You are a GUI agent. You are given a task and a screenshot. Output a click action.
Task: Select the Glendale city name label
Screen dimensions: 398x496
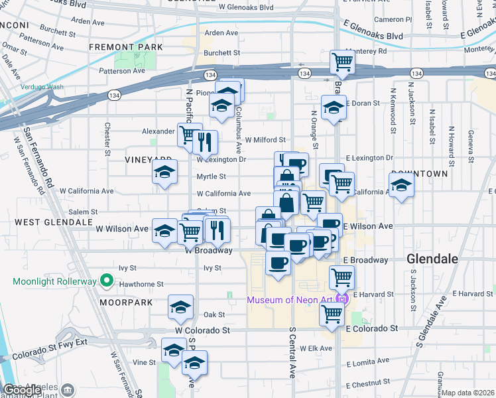(432, 259)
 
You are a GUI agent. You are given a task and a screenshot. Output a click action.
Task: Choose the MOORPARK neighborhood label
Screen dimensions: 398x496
(121, 302)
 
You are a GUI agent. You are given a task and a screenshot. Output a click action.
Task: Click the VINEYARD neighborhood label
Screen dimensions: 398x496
(149, 161)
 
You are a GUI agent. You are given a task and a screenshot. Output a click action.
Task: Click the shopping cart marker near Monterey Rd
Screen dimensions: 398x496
(342, 63)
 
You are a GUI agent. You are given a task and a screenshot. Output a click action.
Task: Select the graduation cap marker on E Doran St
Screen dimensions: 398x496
(334, 107)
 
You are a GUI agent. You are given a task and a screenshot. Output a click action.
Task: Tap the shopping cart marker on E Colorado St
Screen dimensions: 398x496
(332, 314)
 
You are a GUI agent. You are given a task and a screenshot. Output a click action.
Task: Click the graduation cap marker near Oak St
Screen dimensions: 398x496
(180, 307)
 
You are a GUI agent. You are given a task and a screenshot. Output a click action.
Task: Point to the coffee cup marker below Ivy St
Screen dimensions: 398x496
(278, 262)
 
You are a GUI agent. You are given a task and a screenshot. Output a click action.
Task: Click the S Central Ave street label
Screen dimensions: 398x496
(292, 352)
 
